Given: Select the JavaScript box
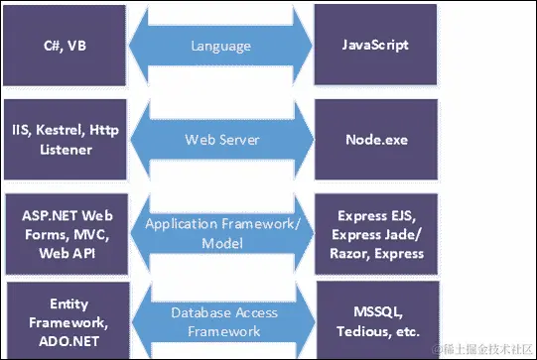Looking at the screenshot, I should point(376,45).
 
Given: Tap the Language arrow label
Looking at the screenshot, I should point(220,46).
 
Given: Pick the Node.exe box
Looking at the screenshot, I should point(376,139).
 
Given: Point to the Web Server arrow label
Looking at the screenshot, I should point(220,139).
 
